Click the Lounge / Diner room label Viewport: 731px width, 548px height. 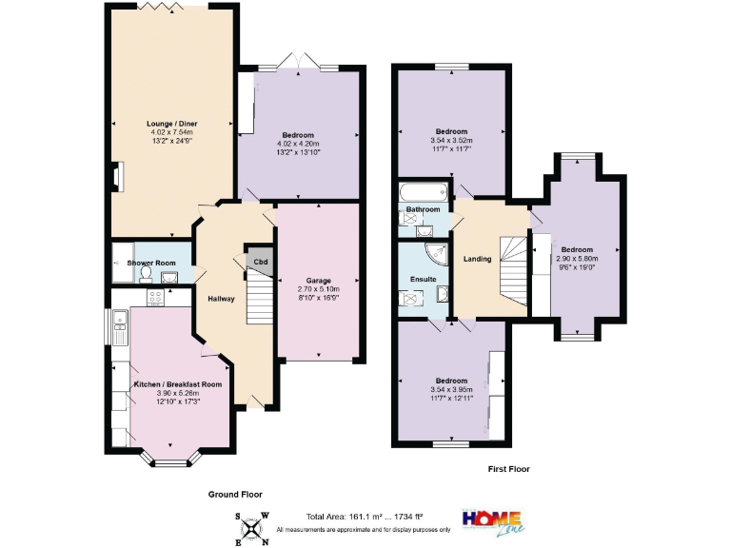tap(171, 124)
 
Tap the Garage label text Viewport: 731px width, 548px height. tap(319, 281)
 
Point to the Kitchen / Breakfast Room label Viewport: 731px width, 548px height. tap(178, 383)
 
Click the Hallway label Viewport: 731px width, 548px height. tap(221, 299)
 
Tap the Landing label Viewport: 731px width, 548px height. tap(478, 259)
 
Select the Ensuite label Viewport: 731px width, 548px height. tap(423, 279)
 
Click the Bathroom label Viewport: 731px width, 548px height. tap(423, 209)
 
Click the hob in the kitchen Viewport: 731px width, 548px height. tap(153, 297)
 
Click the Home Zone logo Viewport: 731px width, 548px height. tap(492, 520)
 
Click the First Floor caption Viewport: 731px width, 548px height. tap(508, 469)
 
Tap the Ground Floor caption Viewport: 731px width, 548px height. tap(236, 495)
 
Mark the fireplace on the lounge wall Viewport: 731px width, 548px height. tap(116, 177)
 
